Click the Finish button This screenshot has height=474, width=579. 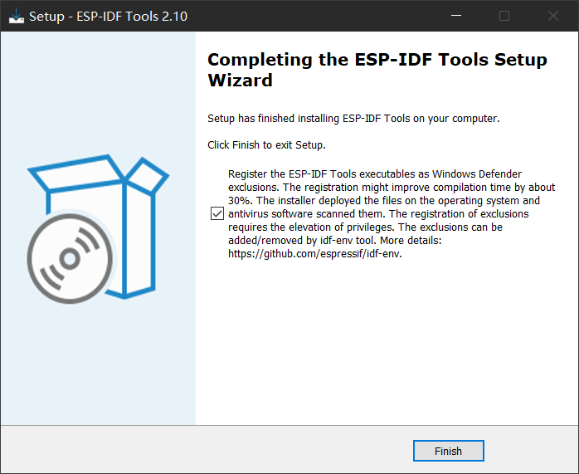pyautogui.click(x=448, y=451)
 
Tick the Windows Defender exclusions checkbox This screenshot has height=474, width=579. pyautogui.click(x=217, y=214)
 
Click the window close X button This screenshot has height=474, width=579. pyautogui.click(x=552, y=16)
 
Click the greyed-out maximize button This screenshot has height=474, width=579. pyautogui.click(x=504, y=16)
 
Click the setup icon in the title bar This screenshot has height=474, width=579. pyautogui.click(x=16, y=16)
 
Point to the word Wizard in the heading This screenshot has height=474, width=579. pyautogui.click(x=240, y=81)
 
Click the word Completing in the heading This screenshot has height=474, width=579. pyautogui.click(x=252, y=60)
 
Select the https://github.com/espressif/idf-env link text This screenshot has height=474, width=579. pyautogui.click(x=319, y=254)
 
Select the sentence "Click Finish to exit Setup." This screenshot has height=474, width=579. pyautogui.click(x=266, y=144)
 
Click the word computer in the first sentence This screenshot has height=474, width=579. pyautogui.click(x=474, y=118)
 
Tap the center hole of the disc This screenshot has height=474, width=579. pyautogui.click(x=69, y=259)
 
